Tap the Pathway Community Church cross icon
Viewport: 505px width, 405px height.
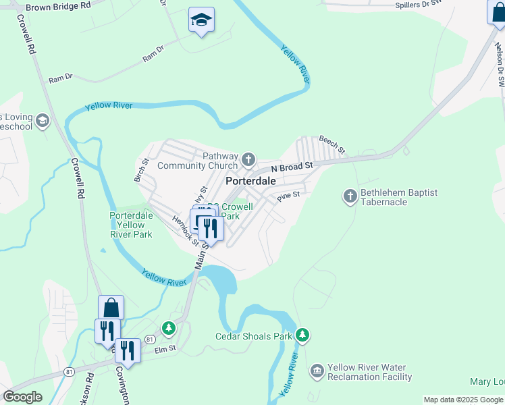pos(248,160)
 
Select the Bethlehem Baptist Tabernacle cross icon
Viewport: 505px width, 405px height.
pos(350,196)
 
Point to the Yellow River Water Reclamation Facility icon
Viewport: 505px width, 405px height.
pos(317,372)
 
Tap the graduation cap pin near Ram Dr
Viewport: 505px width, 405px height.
pos(201,20)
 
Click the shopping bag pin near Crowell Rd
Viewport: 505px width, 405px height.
pos(111,308)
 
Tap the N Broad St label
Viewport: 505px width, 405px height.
pos(292,166)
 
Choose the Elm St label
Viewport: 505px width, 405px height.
pos(165,349)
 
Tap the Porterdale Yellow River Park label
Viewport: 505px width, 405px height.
pos(131,225)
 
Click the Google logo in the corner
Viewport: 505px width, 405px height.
pos(22,397)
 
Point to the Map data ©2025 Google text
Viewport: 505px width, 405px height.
pos(463,400)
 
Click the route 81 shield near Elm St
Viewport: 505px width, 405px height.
pos(150,339)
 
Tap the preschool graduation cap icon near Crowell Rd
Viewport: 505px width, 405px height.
pos(43,121)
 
